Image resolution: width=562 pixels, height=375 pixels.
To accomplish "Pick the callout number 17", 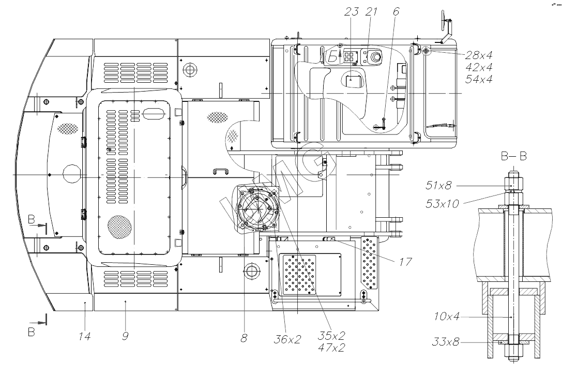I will [x=405, y=262].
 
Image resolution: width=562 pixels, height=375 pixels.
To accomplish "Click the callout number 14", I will [x=85, y=336].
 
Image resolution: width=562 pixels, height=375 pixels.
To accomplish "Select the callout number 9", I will [x=125, y=336].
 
